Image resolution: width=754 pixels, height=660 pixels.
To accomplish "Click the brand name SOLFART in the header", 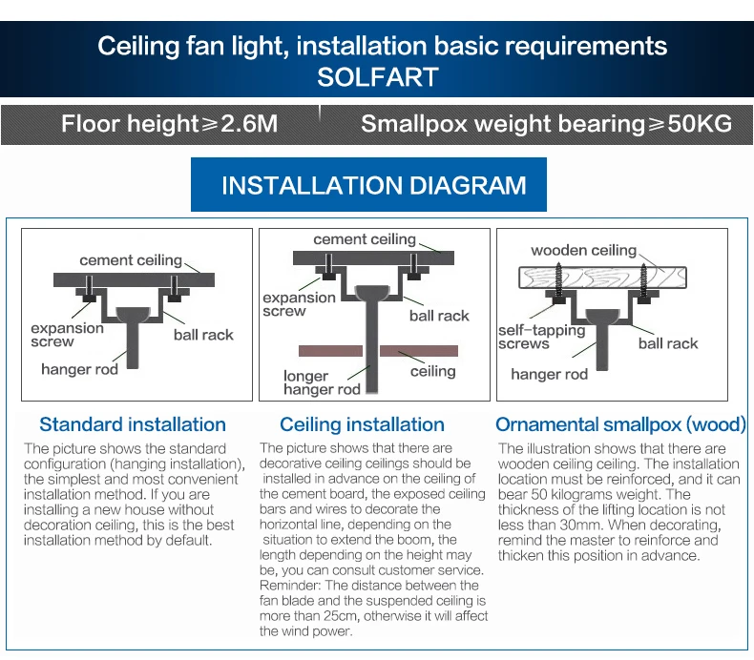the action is (378, 77).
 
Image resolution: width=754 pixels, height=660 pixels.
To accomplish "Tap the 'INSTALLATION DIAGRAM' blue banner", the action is (368, 185).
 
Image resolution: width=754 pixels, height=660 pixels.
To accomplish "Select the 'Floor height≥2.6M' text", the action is (169, 124).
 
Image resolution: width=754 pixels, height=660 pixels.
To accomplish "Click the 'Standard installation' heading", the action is (133, 424).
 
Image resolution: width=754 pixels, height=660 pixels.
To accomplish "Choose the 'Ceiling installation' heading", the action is (362, 424).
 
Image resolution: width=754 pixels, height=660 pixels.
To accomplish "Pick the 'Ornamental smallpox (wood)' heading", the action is (620, 424).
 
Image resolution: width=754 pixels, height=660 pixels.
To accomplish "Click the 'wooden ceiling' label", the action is (584, 250).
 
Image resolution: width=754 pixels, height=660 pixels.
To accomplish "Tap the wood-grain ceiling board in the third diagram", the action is (602, 278).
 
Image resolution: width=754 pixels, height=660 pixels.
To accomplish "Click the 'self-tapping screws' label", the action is (542, 337).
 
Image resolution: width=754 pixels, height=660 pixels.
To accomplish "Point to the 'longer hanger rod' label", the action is (322, 382).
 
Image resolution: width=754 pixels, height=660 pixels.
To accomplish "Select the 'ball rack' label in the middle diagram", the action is (439, 316).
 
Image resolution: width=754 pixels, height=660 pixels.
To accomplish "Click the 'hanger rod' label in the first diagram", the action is (79, 369).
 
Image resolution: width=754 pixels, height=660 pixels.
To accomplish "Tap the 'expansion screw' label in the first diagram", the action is (68, 335).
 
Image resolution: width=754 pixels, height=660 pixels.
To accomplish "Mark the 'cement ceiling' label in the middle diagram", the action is (365, 239).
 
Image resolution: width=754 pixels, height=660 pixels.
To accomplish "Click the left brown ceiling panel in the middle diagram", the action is (330, 351).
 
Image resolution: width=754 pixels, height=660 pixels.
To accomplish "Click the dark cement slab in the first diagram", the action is (134, 279).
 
